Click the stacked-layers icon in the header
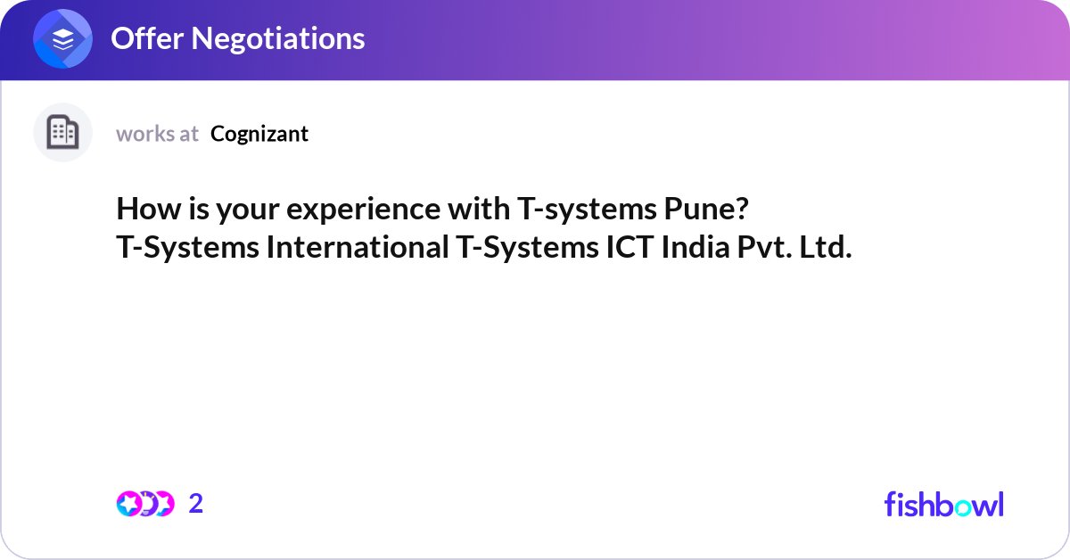click(x=63, y=39)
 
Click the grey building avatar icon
click(x=62, y=133)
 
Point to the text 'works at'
click(x=157, y=134)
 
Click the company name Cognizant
click(x=259, y=134)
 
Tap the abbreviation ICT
click(x=626, y=248)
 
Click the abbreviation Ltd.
click(x=825, y=248)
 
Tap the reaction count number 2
click(x=196, y=504)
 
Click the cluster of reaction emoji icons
click(x=144, y=504)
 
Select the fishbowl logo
click(x=943, y=504)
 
